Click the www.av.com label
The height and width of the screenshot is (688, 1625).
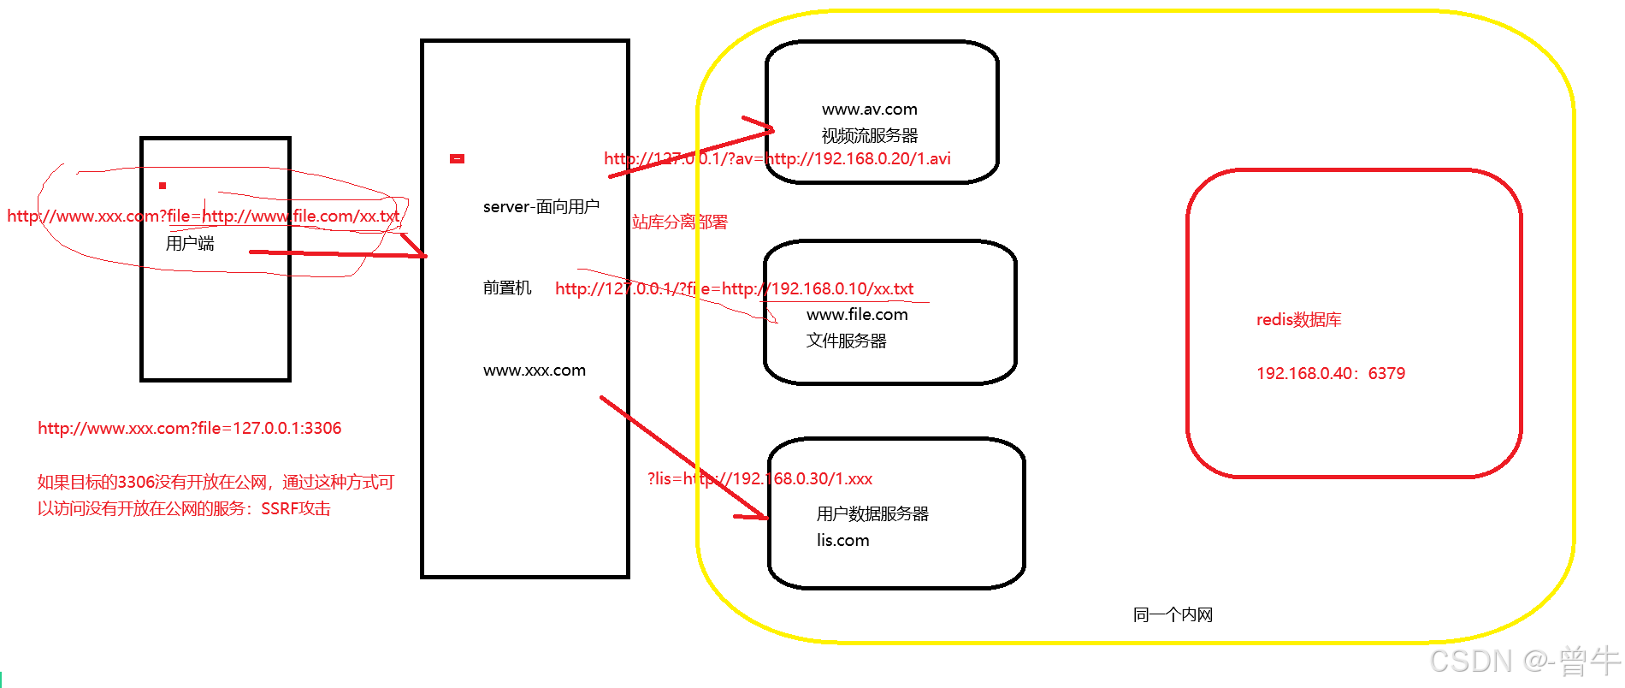[x=869, y=110]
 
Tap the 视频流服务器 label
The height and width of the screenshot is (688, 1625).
[x=869, y=136]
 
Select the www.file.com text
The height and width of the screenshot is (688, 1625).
[x=857, y=315]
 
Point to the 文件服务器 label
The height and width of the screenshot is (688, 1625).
[x=846, y=341]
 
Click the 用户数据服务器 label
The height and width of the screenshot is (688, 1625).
[x=872, y=513]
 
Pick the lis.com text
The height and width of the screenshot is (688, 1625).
[x=842, y=540]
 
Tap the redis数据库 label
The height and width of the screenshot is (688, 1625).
[x=1298, y=320]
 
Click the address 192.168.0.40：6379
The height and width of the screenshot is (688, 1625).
[x=1330, y=373]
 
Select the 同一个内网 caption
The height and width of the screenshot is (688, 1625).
[x=1173, y=614]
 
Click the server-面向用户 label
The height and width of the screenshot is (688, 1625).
[x=541, y=207]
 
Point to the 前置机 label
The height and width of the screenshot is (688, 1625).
[x=507, y=288]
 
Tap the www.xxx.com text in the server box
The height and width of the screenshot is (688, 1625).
[x=535, y=371]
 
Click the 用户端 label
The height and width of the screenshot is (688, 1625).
[x=190, y=244]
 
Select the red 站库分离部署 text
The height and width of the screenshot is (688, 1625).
[x=680, y=222]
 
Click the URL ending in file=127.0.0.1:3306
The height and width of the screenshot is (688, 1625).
[x=189, y=428]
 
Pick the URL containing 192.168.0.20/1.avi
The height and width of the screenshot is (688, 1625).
[x=777, y=158]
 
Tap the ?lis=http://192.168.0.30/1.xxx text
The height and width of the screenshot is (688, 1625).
[x=759, y=478]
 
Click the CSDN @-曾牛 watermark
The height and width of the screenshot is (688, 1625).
[x=1525, y=661]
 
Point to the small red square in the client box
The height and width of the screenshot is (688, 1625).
[x=162, y=186]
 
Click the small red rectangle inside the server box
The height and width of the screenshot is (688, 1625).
[x=457, y=158]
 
